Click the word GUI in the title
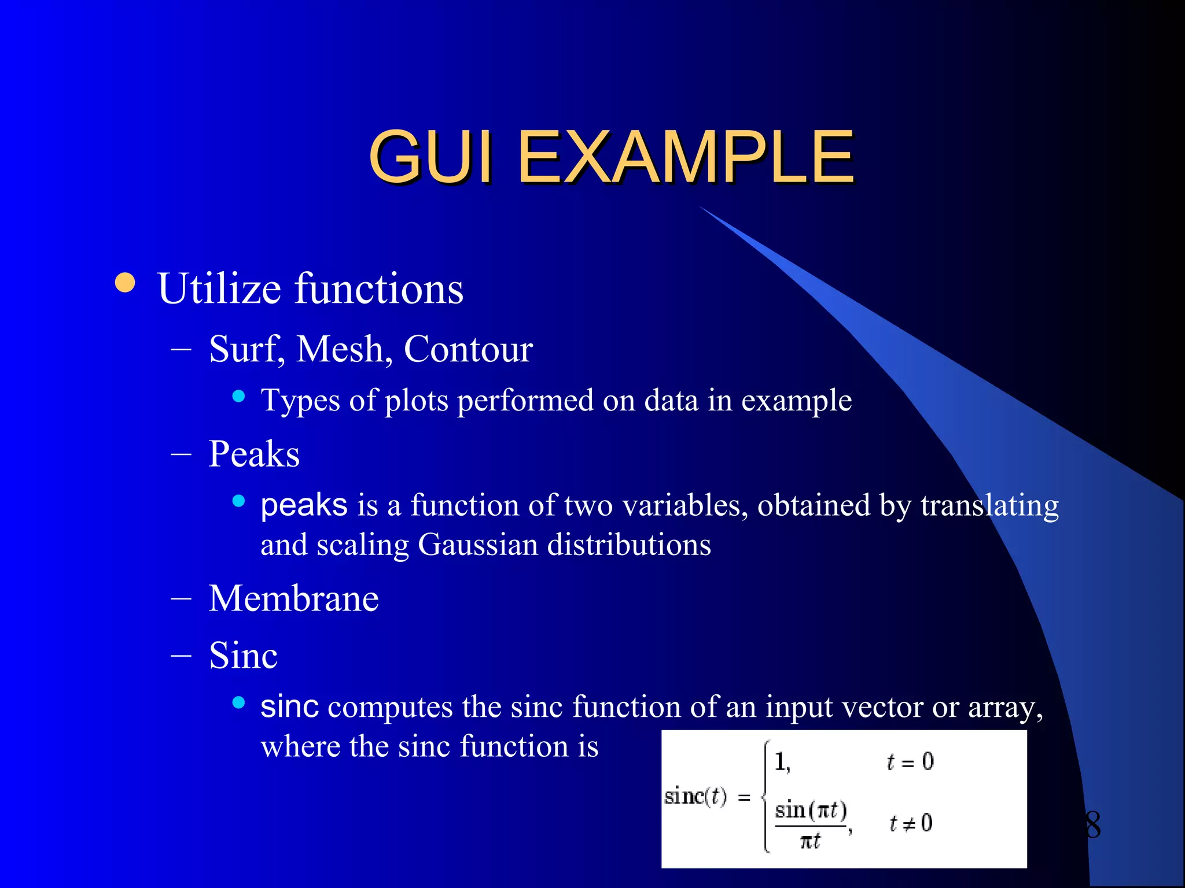click(x=431, y=156)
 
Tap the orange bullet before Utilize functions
click(x=125, y=283)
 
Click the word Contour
click(x=468, y=349)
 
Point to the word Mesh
click(x=340, y=349)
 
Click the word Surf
click(x=245, y=349)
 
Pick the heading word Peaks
click(x=254, y=454)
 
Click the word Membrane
click(x=293, y=598)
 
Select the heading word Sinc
click(x=243, y=656)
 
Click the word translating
click(x=989, y=506)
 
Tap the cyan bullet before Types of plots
click(x=238, y=397)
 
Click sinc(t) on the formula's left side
click(x=695, y=797)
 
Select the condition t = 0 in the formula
click(x=910, y=762)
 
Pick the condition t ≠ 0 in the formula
click(x=910, y=823)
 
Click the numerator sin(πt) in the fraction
click(x=811, y=811)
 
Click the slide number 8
click(x=1092, y=824)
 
